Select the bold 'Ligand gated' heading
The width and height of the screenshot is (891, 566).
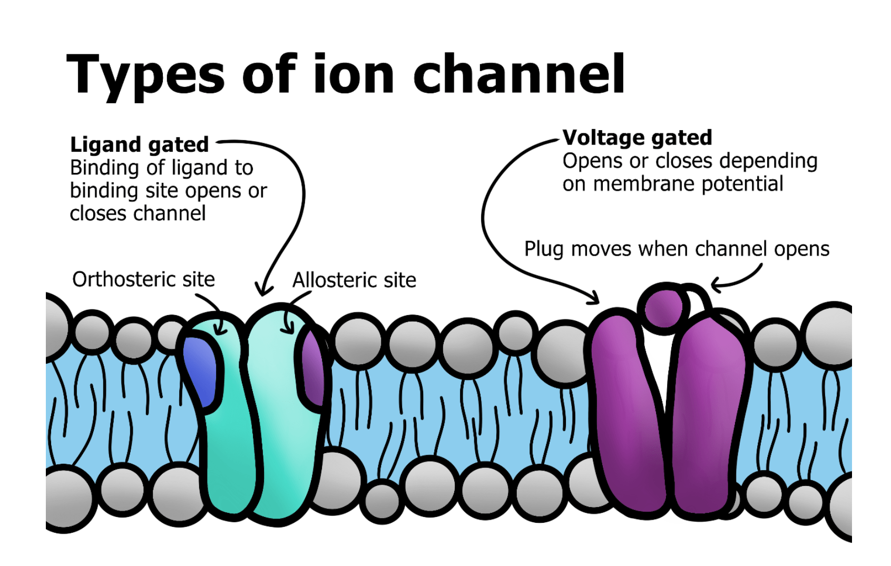140,144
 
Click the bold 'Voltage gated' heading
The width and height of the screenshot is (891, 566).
637,138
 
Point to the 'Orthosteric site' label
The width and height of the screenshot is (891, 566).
143,279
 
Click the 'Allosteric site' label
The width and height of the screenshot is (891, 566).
354,280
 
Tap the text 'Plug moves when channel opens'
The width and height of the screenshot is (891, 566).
677,249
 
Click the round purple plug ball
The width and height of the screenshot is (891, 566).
663,308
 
